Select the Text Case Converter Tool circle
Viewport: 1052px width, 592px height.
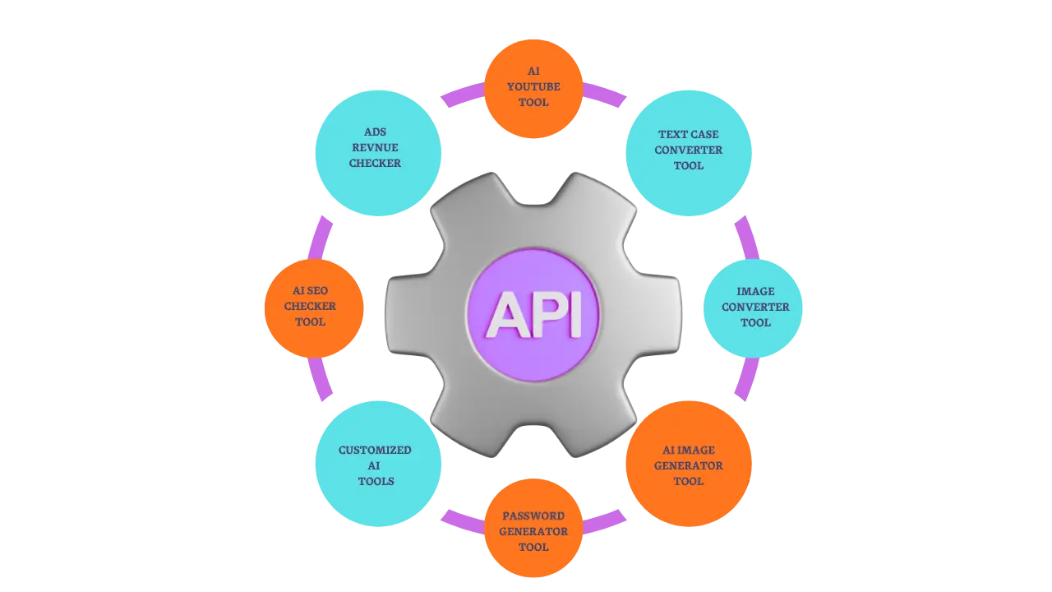tap(689, 152)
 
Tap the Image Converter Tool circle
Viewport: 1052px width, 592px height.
tap(753, 308)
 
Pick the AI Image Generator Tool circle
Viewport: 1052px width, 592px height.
tap(689, 464)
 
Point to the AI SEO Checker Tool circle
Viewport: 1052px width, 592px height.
tap(313, 308)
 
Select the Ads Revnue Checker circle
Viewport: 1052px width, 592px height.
tap(378, 152)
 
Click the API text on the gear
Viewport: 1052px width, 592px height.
tap(533, 314)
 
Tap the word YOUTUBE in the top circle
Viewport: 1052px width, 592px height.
tap(533, 86)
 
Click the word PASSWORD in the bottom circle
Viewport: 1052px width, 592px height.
tap(533, 516)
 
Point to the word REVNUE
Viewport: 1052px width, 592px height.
tap(375, 147)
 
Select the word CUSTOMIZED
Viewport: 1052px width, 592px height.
tap(375, 450)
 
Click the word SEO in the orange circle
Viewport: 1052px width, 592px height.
tap(317, 290)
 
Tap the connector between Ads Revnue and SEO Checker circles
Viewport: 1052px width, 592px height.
tap(321, 238)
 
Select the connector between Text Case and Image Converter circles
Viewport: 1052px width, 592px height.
tap(745, 237)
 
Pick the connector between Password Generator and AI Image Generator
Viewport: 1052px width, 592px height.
tap(607, 520)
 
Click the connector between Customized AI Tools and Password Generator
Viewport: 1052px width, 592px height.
tap(461, 520)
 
